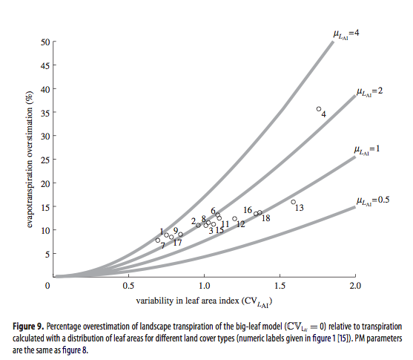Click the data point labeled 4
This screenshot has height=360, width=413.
click(319, 109)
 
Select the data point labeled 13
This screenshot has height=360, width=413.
click(293, 202)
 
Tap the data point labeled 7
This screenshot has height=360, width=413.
click(158, 240)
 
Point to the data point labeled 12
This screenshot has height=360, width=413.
click(235, 219)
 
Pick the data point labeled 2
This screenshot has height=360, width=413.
click(198, 225)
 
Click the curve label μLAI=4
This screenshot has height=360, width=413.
click(346, 34)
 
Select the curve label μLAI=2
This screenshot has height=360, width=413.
click(369, 92)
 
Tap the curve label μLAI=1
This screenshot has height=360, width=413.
click(366, 150)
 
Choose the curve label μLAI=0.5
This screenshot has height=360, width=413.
click(373, 201)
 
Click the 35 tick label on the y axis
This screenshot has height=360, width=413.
click(45, 113)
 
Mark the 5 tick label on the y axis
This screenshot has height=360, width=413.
click(47, 254)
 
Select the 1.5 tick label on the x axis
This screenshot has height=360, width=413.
click(280, 286)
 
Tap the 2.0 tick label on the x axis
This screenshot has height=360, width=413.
click(355, 286)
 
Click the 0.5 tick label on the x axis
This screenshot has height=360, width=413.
click(128, 286)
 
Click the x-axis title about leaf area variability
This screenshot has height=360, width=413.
click(204, 301)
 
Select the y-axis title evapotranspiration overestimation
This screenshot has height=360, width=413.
click(30, 160)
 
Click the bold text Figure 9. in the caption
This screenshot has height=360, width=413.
click(28, 327)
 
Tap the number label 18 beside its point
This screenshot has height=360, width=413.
click(266, 218)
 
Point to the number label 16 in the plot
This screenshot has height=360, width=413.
click(248, 210)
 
